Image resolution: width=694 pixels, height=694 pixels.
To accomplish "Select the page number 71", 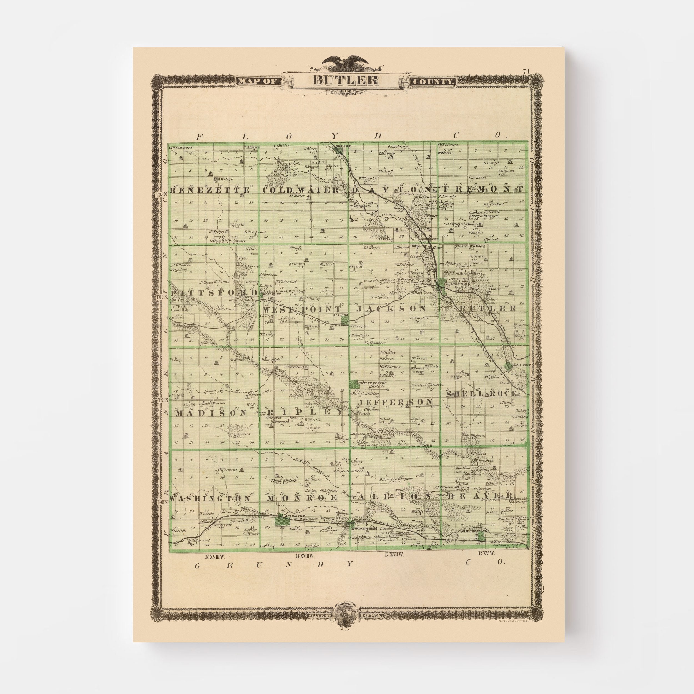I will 526,71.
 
